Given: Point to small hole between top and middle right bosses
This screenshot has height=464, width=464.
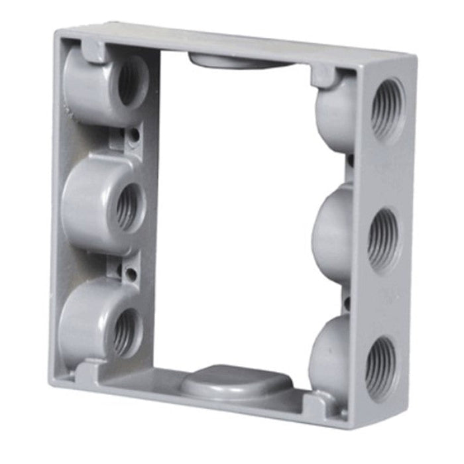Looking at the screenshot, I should point(349,160).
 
